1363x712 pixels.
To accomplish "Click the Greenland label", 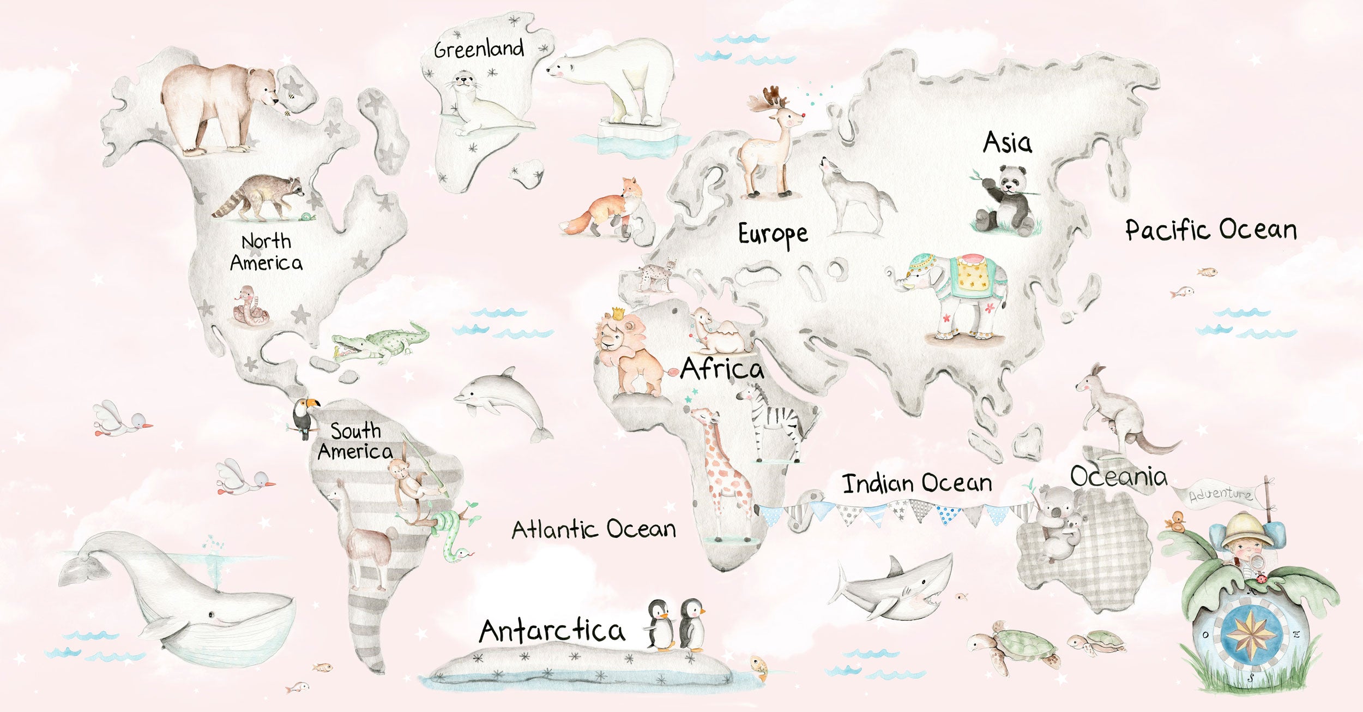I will [479, 49].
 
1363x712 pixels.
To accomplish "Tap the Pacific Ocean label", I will [1211, 230].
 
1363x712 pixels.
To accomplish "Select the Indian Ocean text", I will [916, 484].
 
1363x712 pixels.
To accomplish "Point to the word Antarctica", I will [552, 631].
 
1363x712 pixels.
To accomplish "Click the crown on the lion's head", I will [618, 313].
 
